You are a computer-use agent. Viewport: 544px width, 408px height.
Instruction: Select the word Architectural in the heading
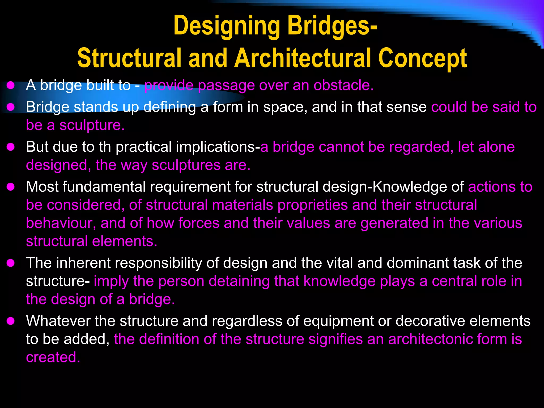pos(303,58)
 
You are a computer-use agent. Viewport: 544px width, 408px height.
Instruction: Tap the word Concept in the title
pos(422,58)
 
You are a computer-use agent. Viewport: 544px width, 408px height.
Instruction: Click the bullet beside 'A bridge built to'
pos(11,86)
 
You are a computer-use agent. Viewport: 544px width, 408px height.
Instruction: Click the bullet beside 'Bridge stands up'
pos(11,107)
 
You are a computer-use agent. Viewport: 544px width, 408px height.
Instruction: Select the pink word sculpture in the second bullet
pos(92,125)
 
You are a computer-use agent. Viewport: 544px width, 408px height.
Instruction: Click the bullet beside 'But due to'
pos(11,147)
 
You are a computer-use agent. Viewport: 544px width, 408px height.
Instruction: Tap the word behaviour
pos(61,223)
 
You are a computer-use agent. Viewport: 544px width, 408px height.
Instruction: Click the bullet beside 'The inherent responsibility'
pos(11,263)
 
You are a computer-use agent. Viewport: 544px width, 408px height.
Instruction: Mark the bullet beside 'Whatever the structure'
pos(11,321)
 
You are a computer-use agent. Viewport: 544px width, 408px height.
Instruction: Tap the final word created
pos(53,357)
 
